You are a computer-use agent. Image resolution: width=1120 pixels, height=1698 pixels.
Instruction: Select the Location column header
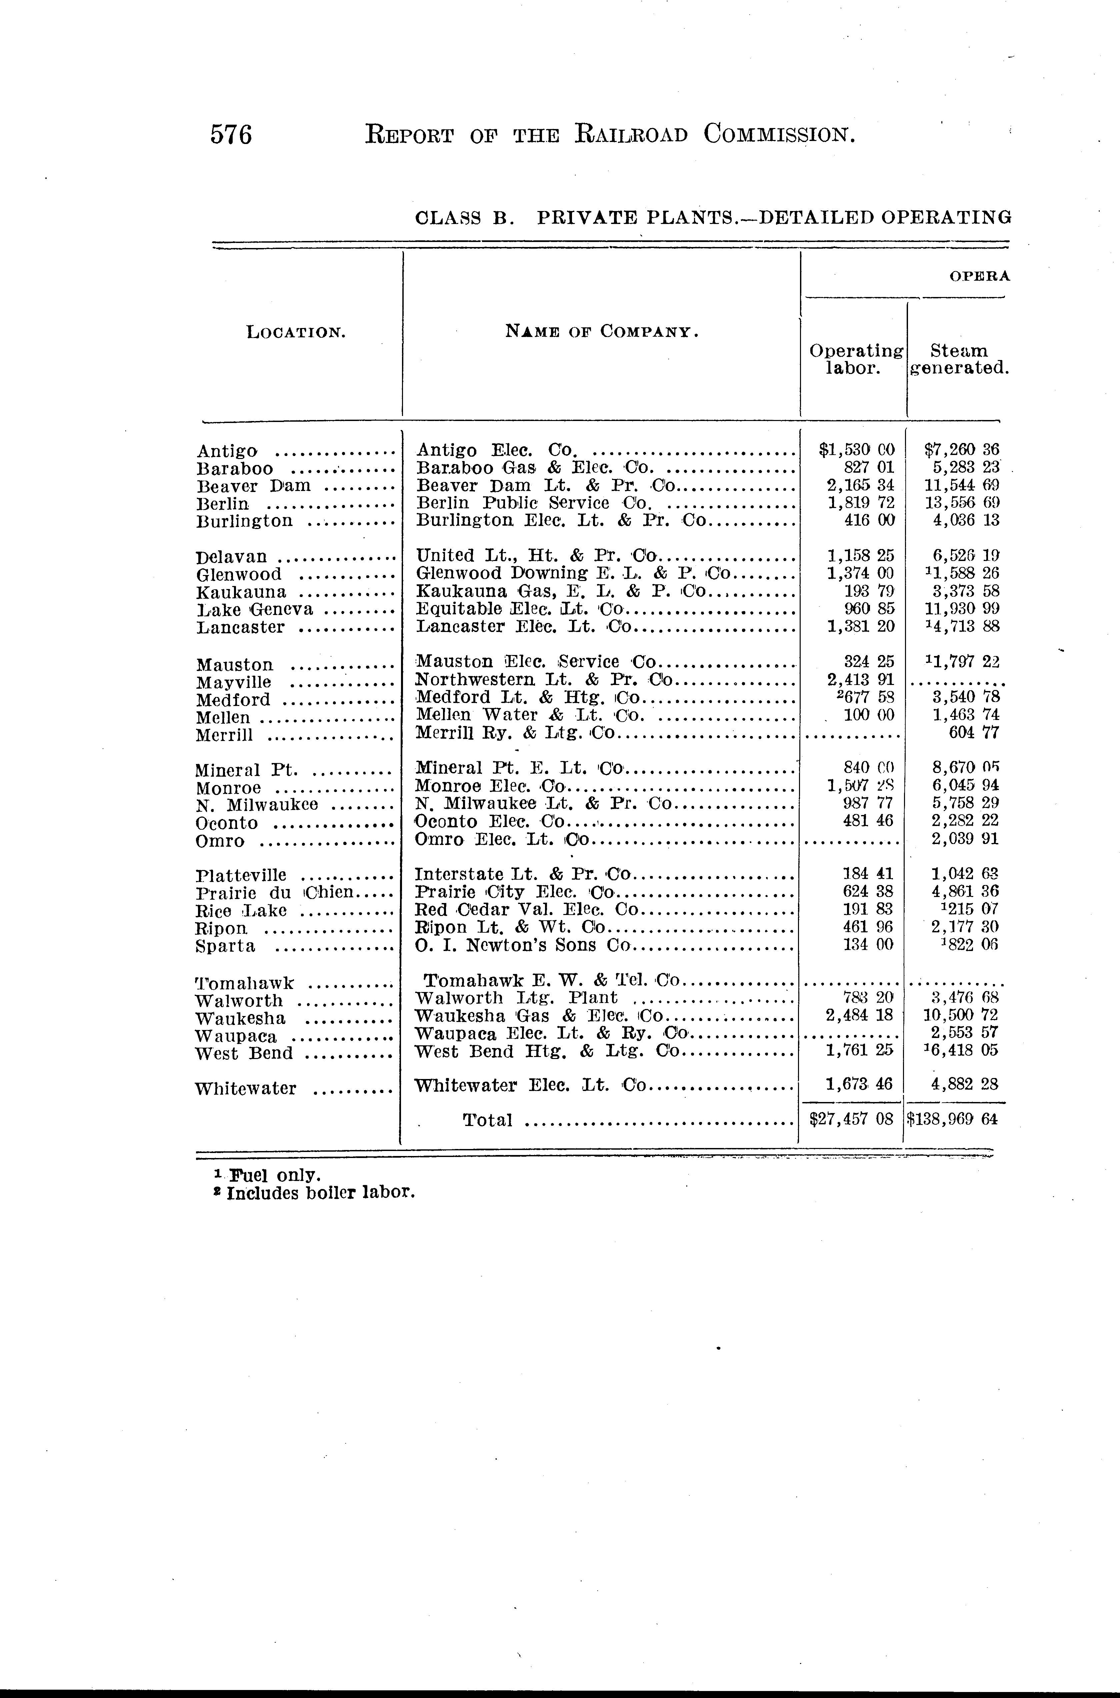click(296, 332)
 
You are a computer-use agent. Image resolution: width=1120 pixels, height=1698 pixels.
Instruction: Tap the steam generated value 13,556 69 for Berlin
click(961, 503)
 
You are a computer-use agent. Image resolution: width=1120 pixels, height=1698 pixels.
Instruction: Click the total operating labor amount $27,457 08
click(851, 1119)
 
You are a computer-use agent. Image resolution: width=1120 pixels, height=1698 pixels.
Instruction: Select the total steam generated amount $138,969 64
click(952, 1119)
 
